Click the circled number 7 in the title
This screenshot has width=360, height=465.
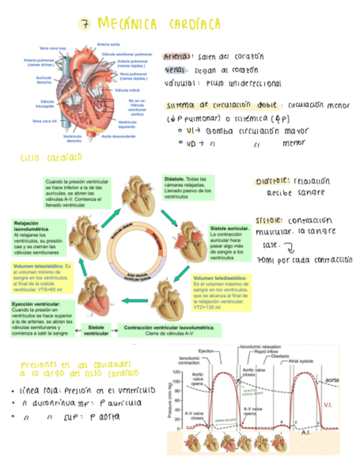pyautogui.click(x=86, y=24)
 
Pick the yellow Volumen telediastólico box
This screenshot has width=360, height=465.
pyautogui.click(x=221, y=293)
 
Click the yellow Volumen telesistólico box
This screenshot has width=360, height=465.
pyautogui.click(x=42, y=277)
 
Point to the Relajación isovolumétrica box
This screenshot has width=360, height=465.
pyautogui.click(x=38, y=239)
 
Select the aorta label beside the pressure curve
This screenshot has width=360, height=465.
pyautogui.click(x=331, y=379)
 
